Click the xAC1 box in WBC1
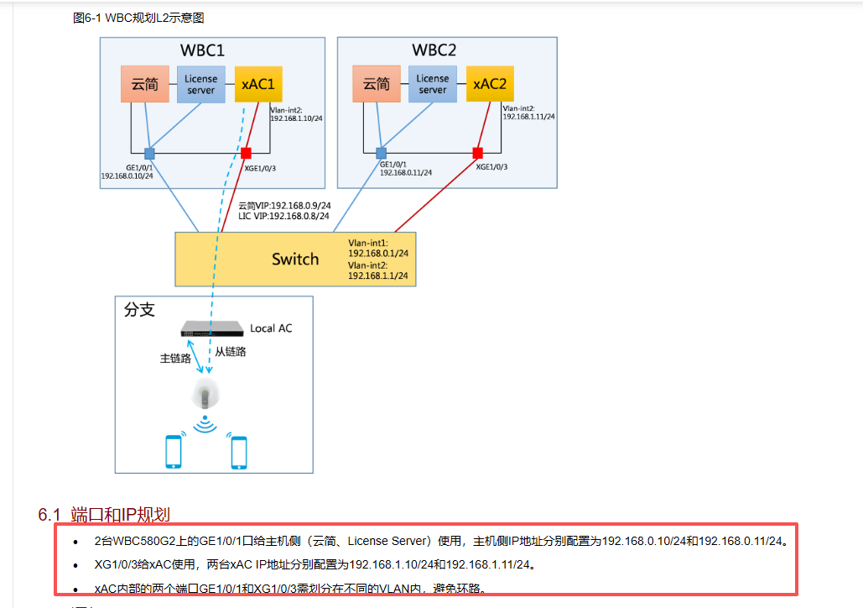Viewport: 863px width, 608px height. pos(258,84)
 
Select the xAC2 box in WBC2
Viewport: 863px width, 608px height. pos(490,84)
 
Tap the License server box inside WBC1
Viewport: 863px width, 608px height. pos(200,85)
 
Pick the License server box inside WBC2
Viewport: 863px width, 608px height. pos(433,85)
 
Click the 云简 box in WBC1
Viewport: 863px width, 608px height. pos(144,84)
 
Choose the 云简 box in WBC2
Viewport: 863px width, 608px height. pos(377,84)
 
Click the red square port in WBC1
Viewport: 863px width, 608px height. pos(246,154)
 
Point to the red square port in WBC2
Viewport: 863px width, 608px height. pos(477,154)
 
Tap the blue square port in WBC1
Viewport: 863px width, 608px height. pos(149,154)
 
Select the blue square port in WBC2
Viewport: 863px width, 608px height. pos(381,154)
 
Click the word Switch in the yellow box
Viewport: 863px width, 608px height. pos(295,259)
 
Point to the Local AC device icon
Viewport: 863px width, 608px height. pos(212,328)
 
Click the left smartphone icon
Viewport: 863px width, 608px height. pos(174,451)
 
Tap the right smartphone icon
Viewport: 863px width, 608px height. pos(239,451)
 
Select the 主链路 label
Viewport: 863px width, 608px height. pos(175,359)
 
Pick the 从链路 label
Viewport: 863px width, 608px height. pos(231,352)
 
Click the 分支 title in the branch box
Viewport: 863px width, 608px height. pos(139,310)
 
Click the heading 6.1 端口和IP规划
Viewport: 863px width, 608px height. pos(105,514)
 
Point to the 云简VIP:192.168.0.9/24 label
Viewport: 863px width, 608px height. pos(284,206)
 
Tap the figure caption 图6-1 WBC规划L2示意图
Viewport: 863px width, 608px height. pos(138,18)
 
